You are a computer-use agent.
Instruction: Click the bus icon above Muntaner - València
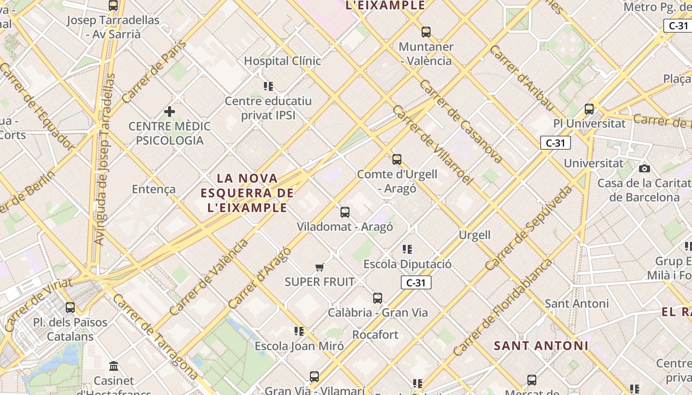[426, 32]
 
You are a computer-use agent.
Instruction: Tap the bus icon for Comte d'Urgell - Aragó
[397, 159]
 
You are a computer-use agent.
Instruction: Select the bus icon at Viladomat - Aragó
[345, 212]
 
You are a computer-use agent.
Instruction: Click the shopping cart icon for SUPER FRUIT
[320, 268]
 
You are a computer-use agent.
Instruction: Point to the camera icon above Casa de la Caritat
[644, 169]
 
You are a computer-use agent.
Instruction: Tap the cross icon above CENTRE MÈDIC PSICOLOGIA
[170, 112]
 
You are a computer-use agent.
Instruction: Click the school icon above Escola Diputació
[407, 249]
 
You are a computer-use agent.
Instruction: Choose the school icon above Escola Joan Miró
[299, 331]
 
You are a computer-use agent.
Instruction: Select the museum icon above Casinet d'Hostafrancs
[114, 366]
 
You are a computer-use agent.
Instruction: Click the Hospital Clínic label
[283, 61]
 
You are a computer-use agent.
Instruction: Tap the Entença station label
[154, 189]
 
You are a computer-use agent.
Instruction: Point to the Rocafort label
[375, 335]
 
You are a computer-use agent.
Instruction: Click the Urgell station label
[475, 235]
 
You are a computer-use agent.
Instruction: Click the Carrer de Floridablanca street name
[503, 307]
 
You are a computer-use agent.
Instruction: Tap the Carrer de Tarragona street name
[155, 337]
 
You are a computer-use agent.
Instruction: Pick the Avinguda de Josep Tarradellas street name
[104, 159]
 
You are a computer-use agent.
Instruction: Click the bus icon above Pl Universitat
[589, 109]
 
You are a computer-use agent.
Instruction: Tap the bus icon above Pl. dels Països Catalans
[70, 308]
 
